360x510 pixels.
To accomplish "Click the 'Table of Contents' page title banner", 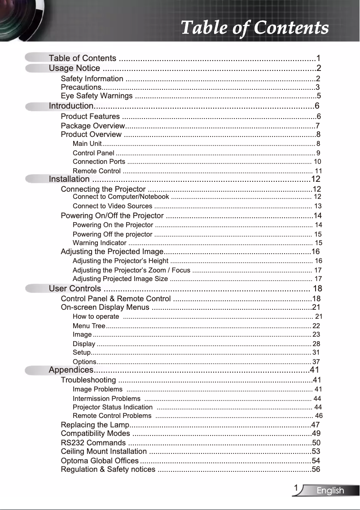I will click(255, 28).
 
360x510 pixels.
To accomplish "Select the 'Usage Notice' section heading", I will click(75, 68).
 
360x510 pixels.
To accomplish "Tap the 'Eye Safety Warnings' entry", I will click(97, 96).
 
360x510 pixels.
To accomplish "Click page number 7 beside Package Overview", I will click(318, 126).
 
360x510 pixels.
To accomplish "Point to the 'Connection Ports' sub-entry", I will click(99, 162).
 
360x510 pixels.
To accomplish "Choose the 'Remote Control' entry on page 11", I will click(97, 171).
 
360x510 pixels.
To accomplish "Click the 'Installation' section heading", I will click(69, 180).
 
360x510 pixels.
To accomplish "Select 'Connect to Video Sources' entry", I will click(112, 206).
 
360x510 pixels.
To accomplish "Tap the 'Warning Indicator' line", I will click(99, 243).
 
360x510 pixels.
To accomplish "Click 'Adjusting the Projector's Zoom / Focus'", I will click(131, 270).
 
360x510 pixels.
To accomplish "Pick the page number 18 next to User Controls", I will click(317, 289).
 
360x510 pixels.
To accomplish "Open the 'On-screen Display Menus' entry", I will click(105, 308).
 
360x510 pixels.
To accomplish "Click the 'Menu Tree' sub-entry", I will click(89, 326).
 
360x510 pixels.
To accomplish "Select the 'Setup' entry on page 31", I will click(82, 352).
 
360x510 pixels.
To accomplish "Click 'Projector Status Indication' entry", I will click(112, 407).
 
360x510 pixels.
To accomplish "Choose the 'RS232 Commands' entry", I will click(93, 443).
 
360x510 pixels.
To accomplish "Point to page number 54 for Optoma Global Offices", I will click(316, 461).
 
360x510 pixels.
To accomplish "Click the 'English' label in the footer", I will click(330, 491).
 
